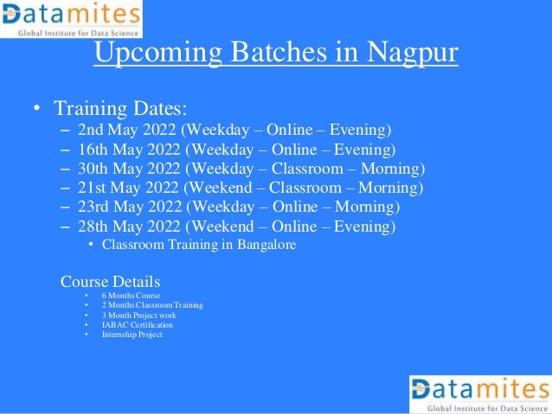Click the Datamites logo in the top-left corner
tap(71, 19)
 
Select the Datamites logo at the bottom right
tap(479, 394)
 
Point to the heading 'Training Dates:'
tap(120, 110)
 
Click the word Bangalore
tap(266, 245)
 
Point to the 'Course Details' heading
tap(110, 283)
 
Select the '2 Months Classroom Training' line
tap(153, 306)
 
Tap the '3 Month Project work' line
tap(139, 315)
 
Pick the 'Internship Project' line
tap(132, 334)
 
